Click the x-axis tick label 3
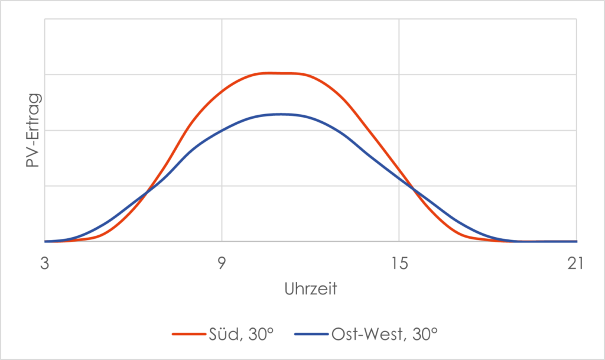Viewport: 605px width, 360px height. point(44,264)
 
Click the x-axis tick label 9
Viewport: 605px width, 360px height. point(222,264)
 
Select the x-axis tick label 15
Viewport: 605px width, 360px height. point(399,264)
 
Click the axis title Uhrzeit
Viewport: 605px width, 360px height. point(310,290)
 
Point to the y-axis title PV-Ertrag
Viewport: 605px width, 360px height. point(33,130)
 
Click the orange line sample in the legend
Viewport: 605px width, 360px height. point(188,334)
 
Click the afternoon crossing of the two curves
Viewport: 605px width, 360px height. point(414,189)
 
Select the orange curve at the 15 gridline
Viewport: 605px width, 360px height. point(399,168)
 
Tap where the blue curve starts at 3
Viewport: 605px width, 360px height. point(45,241)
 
